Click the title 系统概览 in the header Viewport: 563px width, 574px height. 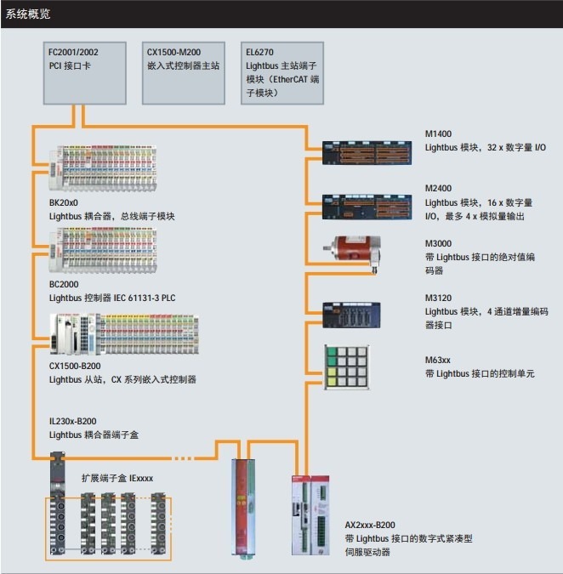pos(29,14)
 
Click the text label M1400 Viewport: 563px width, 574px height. pos(438,134)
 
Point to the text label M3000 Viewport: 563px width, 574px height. pos(438,242)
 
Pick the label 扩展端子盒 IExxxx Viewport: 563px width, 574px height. pos(117,479)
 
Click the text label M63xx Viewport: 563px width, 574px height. pos(437,361)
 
